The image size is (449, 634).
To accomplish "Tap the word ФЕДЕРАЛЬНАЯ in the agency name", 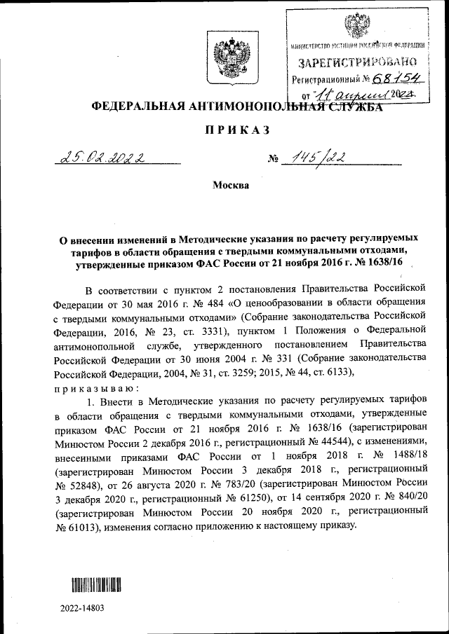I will click(x=131, y=106).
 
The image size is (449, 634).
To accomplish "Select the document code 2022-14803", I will click(x=81, y=609).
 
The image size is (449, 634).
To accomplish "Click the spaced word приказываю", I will click(x=89, y=388).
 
